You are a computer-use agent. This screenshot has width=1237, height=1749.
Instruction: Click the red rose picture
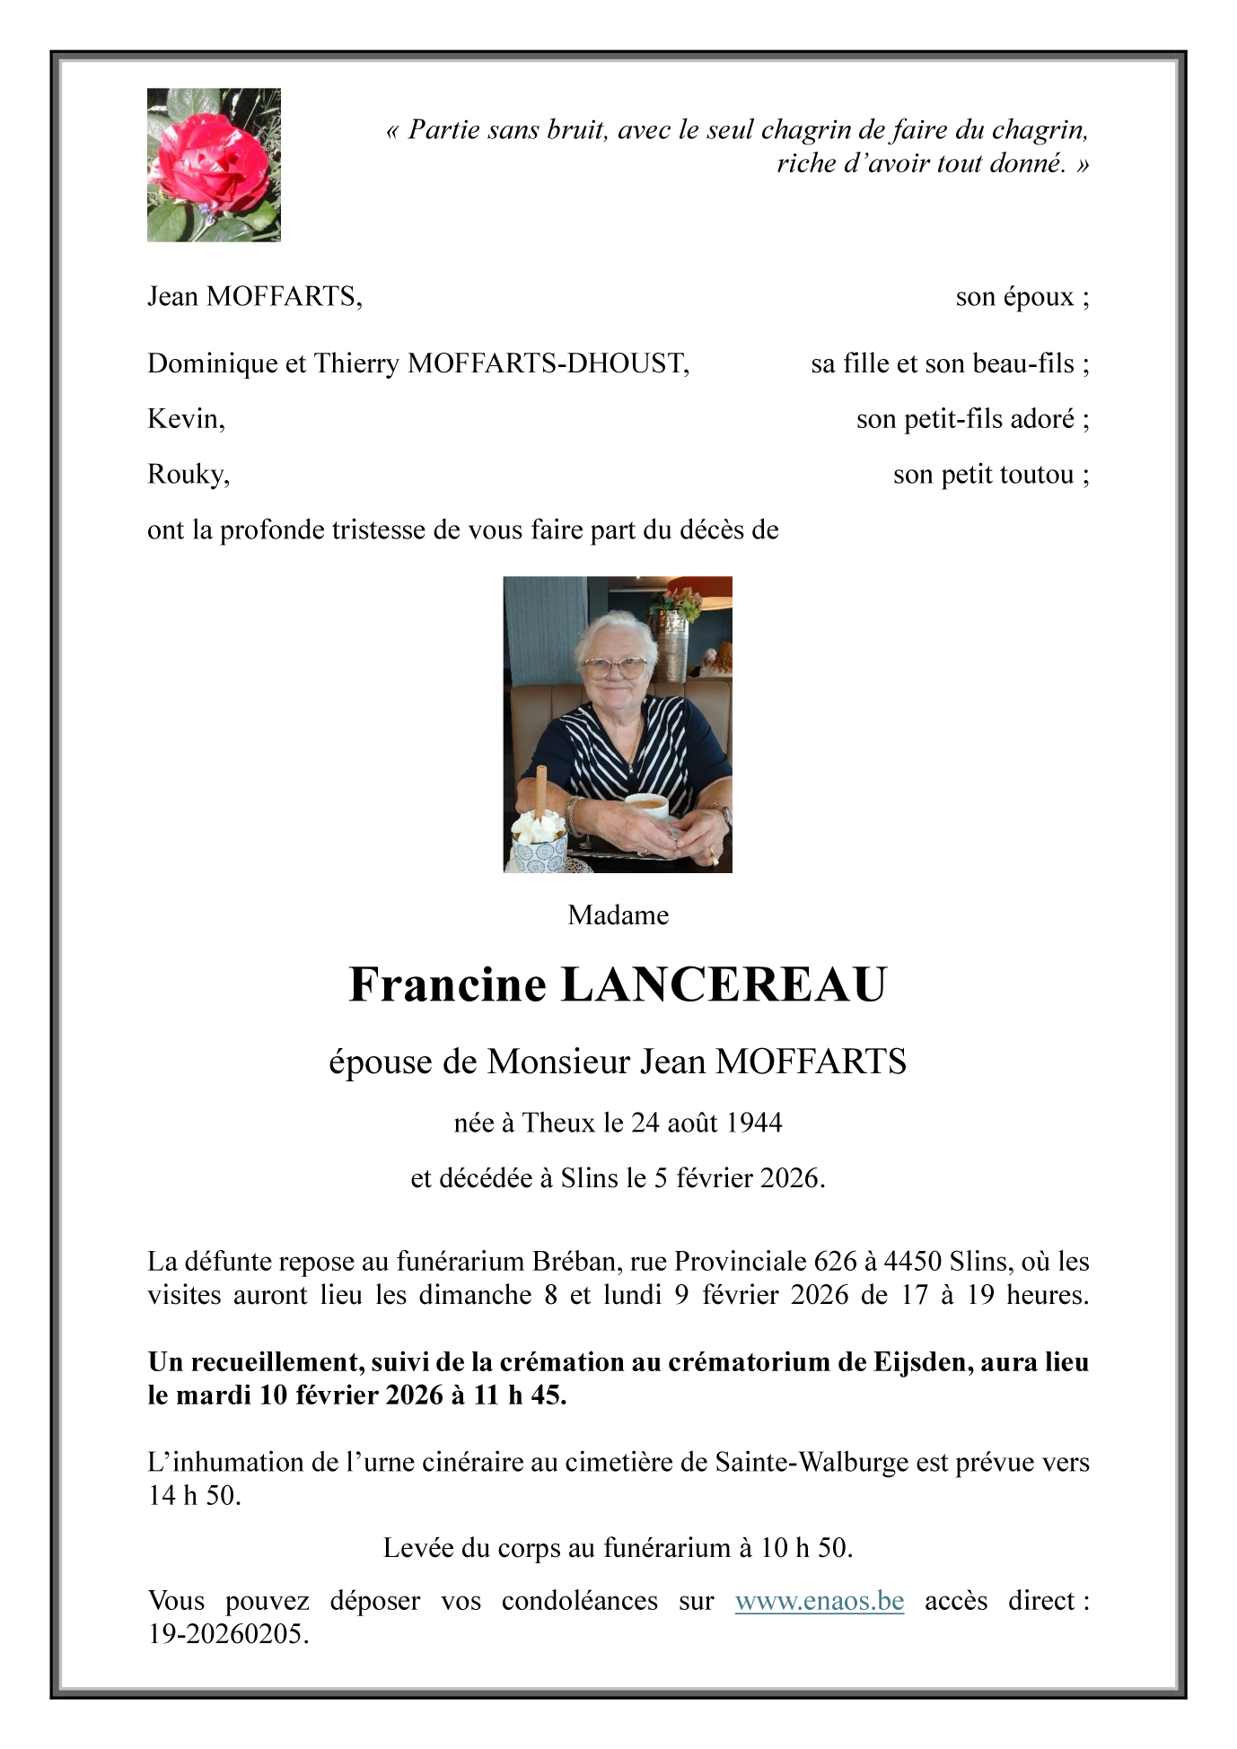click(214, 164)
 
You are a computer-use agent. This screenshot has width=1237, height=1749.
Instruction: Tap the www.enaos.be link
click(819, 1601)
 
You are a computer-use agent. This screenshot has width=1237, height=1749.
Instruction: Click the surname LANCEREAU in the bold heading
click(724, 984)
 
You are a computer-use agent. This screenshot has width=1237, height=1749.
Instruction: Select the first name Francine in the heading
click(447, 984)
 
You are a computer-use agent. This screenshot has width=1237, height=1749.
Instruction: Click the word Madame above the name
click(618, 915)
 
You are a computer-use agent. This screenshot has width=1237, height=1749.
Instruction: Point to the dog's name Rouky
click(188, 474)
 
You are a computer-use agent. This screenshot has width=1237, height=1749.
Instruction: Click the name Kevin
click(185, 419)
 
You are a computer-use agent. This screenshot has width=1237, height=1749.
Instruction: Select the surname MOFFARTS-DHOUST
click(548, 363)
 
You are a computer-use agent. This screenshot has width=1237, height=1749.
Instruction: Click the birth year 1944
click(754, 1123)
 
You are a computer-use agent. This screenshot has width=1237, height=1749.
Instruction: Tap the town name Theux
click(558, 1123)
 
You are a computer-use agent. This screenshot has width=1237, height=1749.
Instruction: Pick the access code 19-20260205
click(228, 1634)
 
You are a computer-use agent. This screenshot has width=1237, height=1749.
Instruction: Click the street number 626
click(835, 1262)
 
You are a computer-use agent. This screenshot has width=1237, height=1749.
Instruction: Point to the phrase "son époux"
click(1014, 297)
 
